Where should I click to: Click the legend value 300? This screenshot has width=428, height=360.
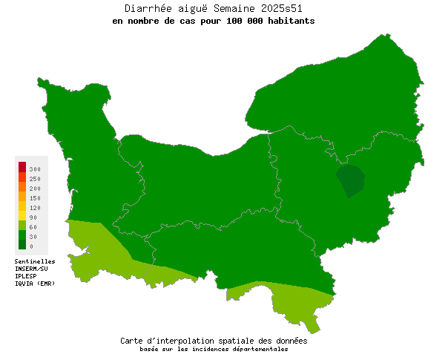click(35, 169)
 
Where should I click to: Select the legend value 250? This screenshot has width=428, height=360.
click(35, 179)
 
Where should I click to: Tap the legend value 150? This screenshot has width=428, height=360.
click(35, 198)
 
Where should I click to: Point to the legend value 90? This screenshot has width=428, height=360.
click(33, 217)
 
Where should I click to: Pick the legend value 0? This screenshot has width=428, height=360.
click(31, 246)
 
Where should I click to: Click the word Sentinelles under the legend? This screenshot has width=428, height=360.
click(35, 261)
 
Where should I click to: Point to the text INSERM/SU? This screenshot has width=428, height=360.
click(31, 269)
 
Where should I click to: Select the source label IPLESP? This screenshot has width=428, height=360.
click(26, 276)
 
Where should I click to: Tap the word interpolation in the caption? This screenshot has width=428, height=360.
click(200, 341)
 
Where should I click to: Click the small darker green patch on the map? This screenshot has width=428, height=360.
click(351, 180)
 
